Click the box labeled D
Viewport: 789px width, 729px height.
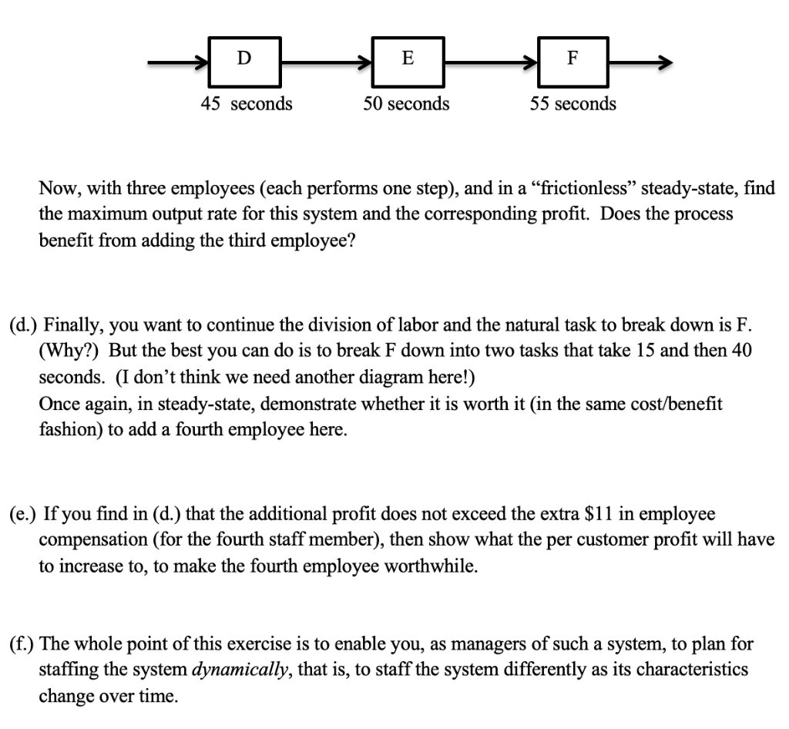[x=243, y=60]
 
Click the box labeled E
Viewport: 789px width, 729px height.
[x=407, y=60]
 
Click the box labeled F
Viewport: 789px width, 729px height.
[x=572, y=60]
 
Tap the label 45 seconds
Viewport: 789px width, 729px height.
[x=247, y=103]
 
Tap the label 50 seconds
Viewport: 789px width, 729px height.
[x=406, y=103]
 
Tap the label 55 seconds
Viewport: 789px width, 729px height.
[x=572, y=103]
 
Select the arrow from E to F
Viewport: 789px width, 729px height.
[x=490, y=62]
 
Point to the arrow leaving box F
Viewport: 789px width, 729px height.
[x=640, y=62]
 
